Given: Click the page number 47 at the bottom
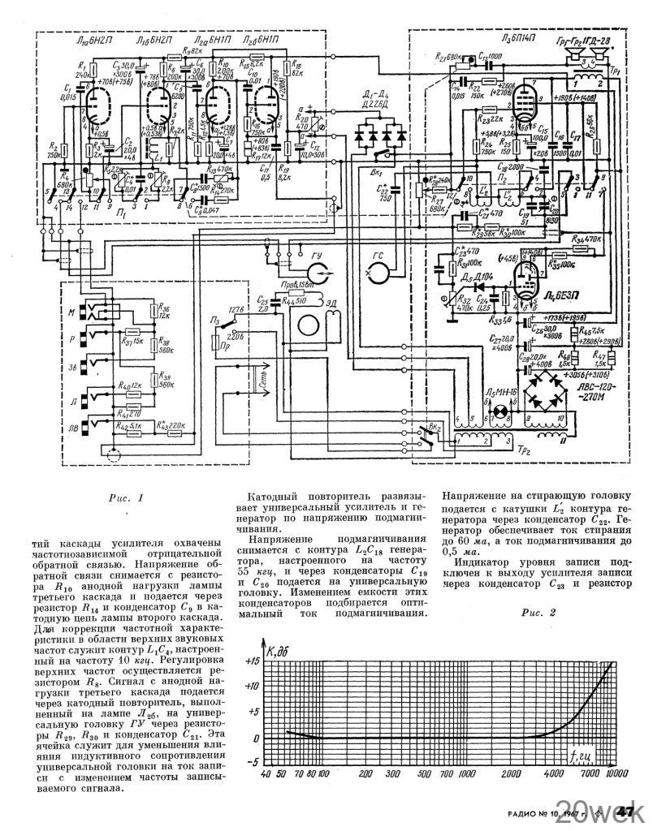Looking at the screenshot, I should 626,812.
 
